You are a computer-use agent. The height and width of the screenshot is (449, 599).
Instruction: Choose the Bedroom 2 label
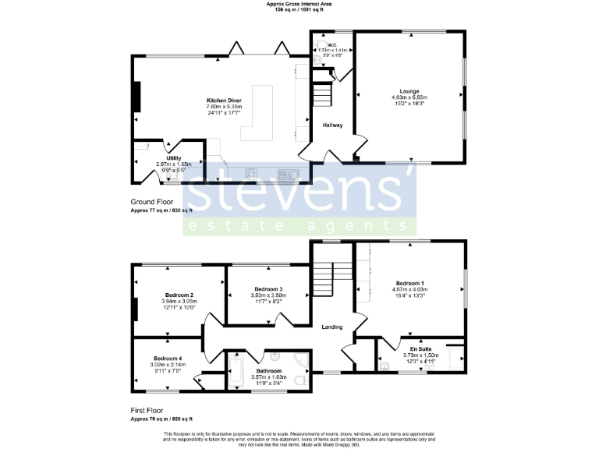coord(179,295)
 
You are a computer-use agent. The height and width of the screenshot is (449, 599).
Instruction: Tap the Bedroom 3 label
coord(269,289)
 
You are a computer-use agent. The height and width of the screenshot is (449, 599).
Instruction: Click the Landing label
coord(332,327)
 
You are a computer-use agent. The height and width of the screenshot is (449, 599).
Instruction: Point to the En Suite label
coord(421,348)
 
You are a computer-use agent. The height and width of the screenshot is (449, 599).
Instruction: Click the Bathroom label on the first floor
coord(268,371)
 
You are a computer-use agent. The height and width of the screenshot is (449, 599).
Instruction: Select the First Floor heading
coord(151,409)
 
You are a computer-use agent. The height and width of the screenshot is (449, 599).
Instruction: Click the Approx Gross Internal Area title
coord(299,5)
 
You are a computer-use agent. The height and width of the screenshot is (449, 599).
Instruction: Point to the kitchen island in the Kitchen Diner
coord(264,114)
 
